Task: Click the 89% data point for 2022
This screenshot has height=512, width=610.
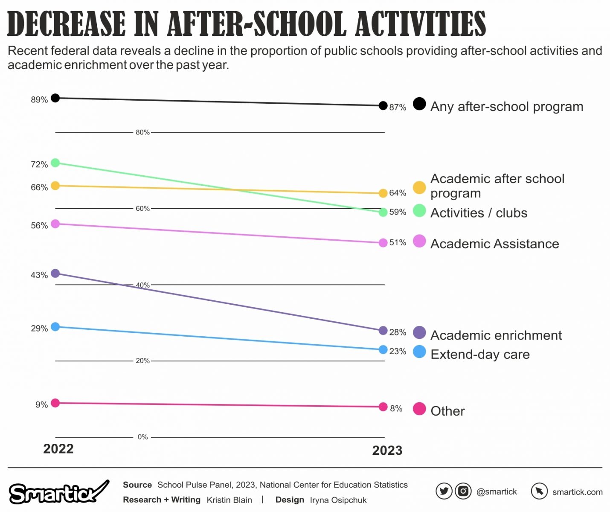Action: coord(55,98)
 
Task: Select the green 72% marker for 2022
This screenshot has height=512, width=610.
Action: coord(55,163)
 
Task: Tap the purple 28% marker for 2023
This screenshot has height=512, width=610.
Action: coord(383,331)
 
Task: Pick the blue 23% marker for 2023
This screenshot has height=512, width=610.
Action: coord(383,350)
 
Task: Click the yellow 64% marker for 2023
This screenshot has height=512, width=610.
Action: coord(383,193)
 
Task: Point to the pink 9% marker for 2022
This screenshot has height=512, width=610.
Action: coord(55,403)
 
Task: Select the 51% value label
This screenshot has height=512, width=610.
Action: coord(398,243)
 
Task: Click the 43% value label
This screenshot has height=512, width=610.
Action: coord(39,275)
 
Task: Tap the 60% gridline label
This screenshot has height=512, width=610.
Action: coord(142,209)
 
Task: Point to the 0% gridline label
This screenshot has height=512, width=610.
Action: coord(142,437)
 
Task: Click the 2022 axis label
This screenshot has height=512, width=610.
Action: coord(58,449)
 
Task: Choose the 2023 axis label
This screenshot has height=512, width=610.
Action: coord(387,451)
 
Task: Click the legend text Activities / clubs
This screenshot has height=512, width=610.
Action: coord(479,213)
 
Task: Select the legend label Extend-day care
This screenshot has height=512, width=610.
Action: coord(480,355)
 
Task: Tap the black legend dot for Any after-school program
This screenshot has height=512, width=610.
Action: coord(419,104)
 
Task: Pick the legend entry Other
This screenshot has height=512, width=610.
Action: coord(447,411)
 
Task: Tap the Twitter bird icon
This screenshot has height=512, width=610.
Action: coord(444,492)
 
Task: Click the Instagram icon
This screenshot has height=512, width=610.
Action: coord(463,492)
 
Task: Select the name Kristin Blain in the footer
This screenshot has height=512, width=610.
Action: coord(229,500)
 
